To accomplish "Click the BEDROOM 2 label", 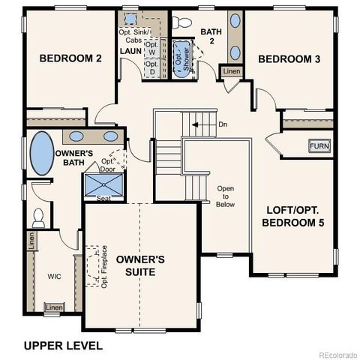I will [70, 58].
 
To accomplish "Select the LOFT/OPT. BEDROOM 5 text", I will [293, 216].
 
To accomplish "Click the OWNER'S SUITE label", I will [140, 265].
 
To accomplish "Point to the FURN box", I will [319, 145].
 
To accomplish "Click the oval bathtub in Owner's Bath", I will [40, 154].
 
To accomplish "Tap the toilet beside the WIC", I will [39, 217].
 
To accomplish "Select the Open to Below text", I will [226, 196].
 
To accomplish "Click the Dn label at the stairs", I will [223, 124].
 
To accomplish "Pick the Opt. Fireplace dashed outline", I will [94, 266].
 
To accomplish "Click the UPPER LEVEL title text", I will [63, 345].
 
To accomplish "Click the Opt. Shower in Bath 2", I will [181, 57].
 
